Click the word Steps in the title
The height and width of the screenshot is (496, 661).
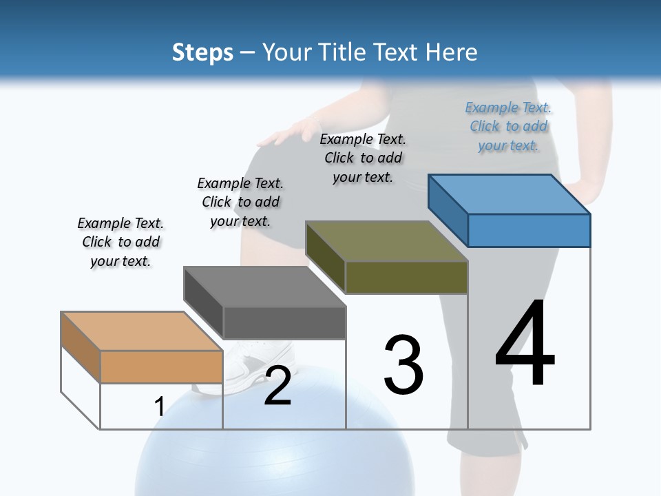[202, 52]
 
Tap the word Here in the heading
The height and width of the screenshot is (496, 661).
[452, 52]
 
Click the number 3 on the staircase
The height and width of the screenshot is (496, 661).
[403, 364]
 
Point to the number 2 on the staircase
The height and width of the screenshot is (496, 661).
[277, 386]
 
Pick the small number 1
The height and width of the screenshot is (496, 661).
[159, 407]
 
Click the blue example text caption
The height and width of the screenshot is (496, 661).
[508, 127]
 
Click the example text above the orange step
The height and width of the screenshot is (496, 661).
[120, 242]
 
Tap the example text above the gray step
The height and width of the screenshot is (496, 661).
[240, 202]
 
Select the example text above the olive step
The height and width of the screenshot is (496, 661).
[363, 158]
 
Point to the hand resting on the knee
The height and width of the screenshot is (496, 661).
[286, 133]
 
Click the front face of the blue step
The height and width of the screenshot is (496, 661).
[529, 230]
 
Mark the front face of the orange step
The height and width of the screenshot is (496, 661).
[161, 366]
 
